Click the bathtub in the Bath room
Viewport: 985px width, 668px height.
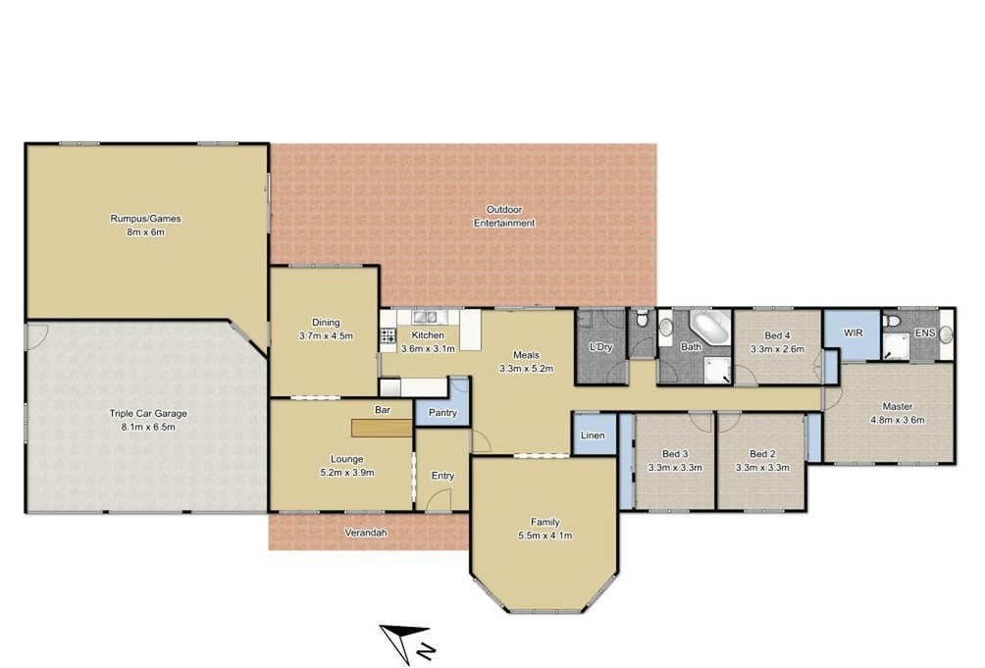[x=711, y=326]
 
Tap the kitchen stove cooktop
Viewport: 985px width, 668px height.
[x=389, y=335]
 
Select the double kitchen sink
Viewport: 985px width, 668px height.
[x=425, y=317]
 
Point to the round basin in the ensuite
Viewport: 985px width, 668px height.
[x=946, y=334]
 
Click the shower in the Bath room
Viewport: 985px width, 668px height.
[x=717, y=371]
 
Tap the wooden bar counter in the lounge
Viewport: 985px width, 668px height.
[x=382, y=429]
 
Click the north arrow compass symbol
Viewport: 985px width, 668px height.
[x=406, y=643]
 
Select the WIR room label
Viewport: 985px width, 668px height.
[x=853, y=333]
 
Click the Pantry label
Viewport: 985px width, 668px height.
[x=442, y=413]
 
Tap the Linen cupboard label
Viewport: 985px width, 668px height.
[x=593, y=436]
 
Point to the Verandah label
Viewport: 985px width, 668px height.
[x=366, y=533]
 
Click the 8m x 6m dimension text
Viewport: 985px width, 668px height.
[x=146, y=232]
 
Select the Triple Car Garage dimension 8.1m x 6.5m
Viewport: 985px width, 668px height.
[x=148, y=428]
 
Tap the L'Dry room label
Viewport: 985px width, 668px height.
[x=600, y=346]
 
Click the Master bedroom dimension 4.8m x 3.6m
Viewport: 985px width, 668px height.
[x=897, y=421]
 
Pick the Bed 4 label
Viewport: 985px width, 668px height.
[x=777, y=335]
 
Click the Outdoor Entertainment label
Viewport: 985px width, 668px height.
[x=504, y=216]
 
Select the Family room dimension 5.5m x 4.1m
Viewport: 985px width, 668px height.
[x=545, y=536]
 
